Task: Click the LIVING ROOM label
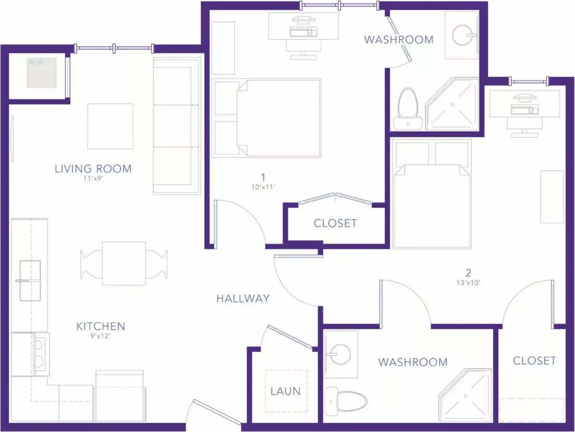pos(93,169)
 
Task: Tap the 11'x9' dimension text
pos(94,178)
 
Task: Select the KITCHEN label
pos(100,326)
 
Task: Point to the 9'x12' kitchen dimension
pos(100,336)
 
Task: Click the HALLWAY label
pos(243,298)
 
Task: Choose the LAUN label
pos(286,391)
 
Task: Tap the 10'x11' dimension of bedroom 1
pos(264,187)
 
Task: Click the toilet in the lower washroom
pos(346,401)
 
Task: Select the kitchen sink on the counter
pos(30,281)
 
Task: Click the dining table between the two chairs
pos(124,263)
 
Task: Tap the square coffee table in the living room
pos(110,126)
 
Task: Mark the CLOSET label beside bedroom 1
pos(335,223)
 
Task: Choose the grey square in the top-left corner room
pos(41,72)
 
